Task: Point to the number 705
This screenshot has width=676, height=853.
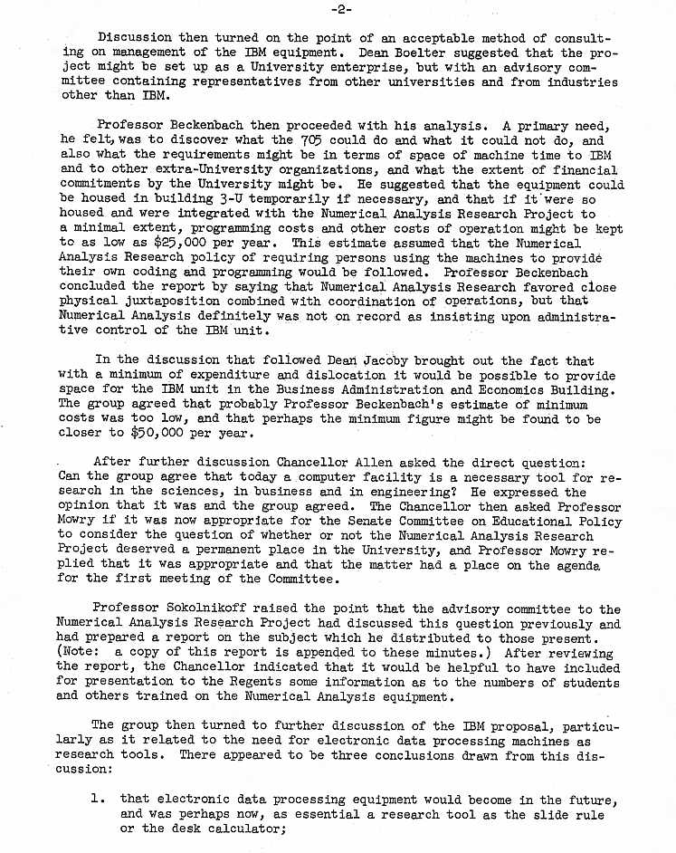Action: pos(308,140)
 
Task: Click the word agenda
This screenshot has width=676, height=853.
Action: pos(576,565)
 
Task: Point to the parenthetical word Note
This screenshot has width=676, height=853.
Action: pos(80,654)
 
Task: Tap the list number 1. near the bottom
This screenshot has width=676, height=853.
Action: pos(99,800)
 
